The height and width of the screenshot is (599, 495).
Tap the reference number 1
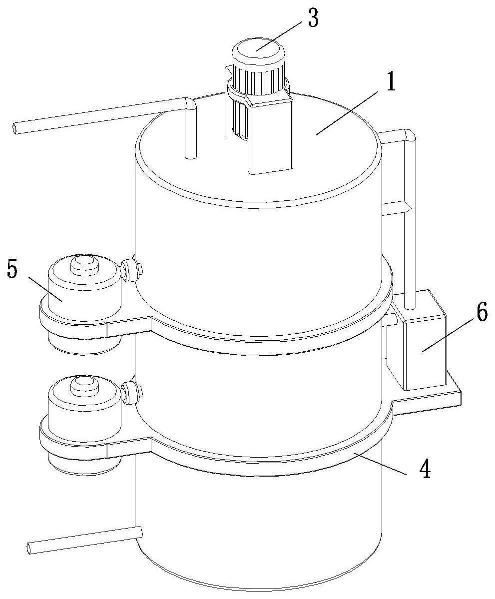[x=390, y=79]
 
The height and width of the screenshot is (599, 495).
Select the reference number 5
[x=12, y=270]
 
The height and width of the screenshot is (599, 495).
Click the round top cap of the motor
[x=259, y=49]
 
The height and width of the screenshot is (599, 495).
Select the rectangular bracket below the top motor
[x=270, y=133]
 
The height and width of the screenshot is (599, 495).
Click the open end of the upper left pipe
[x=16, y=128]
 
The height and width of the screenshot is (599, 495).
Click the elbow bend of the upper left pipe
[x=190, y=103]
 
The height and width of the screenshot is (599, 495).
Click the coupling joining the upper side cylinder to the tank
[x=131, y=270]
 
